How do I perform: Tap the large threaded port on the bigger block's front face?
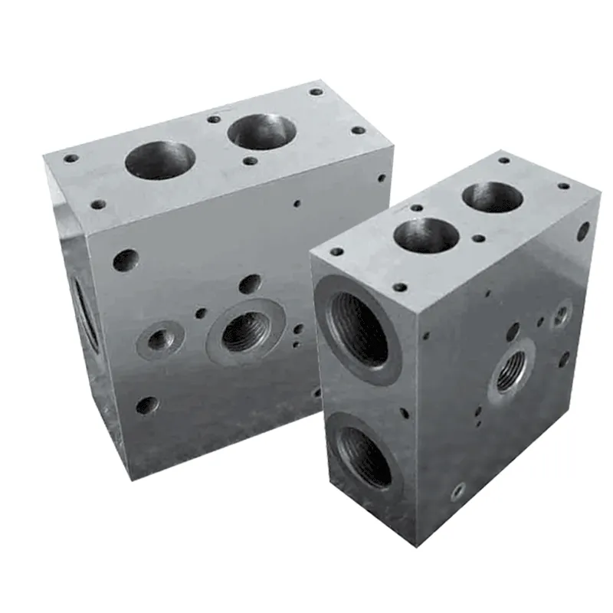pos(244,333)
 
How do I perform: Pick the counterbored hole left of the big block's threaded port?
pos(159,339)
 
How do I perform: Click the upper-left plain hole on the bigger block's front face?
pos(126,261)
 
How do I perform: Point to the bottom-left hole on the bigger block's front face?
pos(146,405)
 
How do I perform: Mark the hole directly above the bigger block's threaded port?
pos(250,284)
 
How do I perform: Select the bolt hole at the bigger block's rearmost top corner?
pos(316,92)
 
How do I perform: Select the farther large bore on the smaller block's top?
pos(491,197)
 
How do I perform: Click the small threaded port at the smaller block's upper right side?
pos(561,313)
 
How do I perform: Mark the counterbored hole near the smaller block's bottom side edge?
pos(458,488)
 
